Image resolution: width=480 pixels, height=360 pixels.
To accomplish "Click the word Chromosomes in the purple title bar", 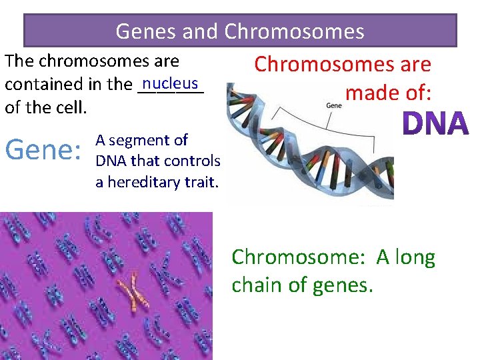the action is (294, 31).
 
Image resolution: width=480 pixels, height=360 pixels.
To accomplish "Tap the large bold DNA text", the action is (437, 124).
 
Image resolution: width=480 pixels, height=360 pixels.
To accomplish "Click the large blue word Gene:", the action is (42, 150).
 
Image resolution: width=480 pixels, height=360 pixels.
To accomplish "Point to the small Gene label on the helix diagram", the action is (333, 105).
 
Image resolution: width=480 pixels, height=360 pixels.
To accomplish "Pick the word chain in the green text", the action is (258, 285).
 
